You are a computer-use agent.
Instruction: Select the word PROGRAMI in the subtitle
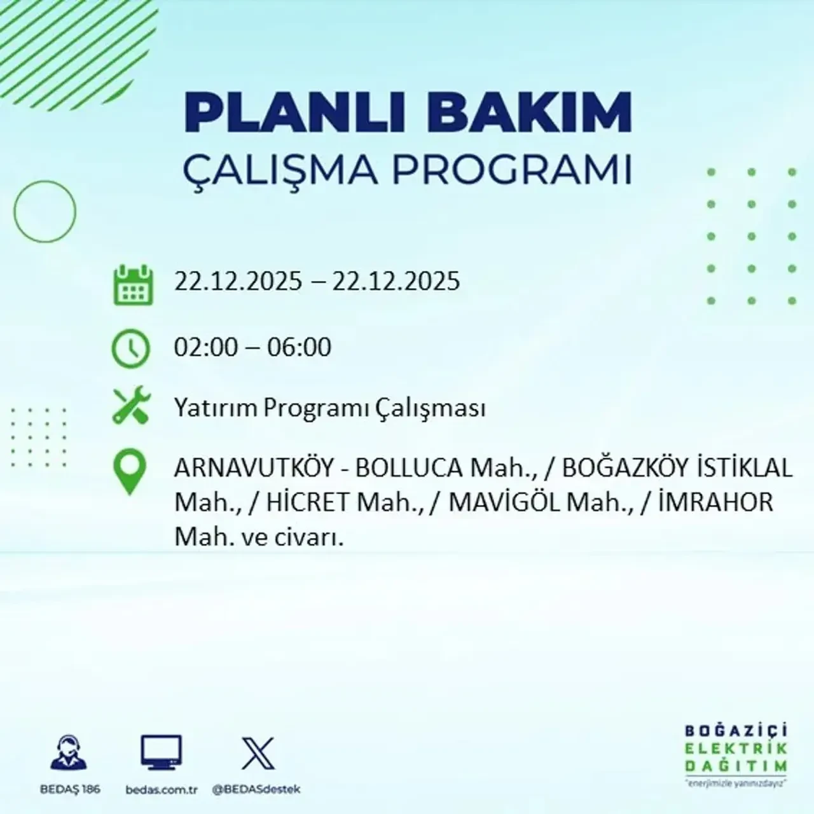516,170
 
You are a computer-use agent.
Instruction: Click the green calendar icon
133,284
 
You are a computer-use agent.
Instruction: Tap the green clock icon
131,349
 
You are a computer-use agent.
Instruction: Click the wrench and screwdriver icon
131,406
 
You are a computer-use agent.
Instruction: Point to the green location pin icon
129,472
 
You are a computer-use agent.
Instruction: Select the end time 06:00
300,347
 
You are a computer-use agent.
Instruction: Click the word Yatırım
216,408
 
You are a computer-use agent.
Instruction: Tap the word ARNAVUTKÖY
254,469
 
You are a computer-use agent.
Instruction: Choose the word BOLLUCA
408,469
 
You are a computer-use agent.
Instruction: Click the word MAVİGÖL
504,502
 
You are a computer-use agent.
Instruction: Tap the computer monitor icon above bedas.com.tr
161,754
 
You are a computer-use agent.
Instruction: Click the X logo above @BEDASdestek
258,754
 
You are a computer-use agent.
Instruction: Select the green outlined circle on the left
45,211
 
